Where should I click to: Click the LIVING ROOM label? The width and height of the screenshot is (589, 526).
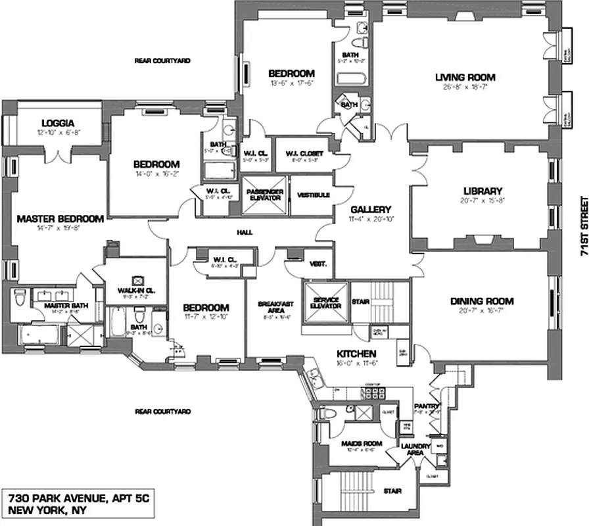coord(465,78)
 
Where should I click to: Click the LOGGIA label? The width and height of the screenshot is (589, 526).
coord(57,122)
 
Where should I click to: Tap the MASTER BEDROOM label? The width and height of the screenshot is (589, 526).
coord(60,219)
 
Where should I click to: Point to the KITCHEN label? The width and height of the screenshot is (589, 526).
coord(356,353)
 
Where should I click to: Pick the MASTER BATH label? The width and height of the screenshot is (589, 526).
coord(57,306)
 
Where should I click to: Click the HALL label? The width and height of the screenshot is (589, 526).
coord(244,231)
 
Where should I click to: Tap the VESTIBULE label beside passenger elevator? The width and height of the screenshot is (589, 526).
coord(313,195)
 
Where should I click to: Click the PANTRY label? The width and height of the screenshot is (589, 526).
coord(425,406)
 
